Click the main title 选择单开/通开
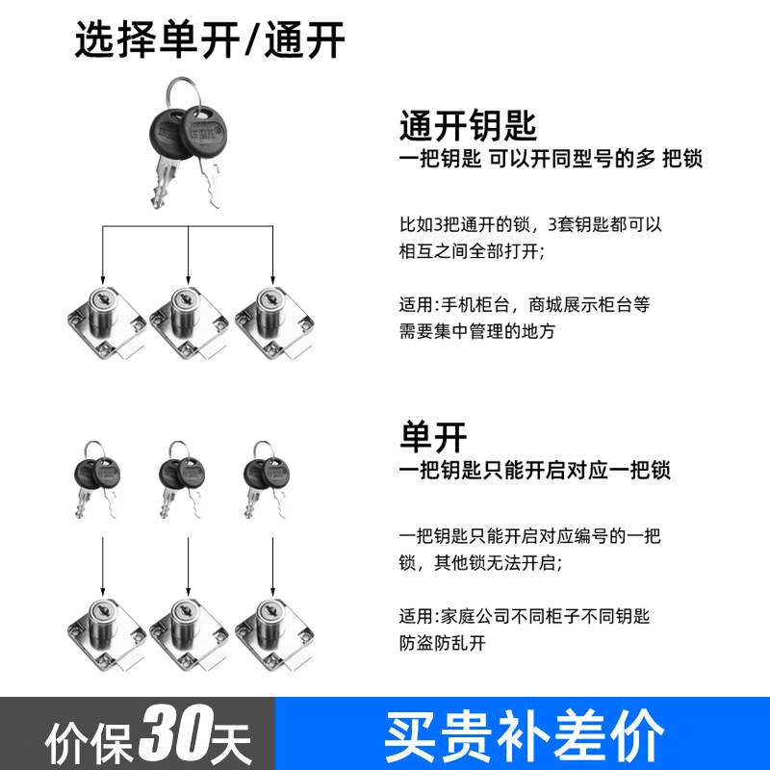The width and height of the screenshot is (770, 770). (x=210, y=41)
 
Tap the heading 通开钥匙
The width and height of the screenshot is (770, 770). (x=468, y=125)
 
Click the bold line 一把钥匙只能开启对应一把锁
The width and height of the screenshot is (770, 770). (x=535, y=472)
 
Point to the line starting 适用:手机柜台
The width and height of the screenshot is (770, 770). (x=525, y=305)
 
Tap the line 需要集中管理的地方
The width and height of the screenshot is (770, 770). (x=477, y=331)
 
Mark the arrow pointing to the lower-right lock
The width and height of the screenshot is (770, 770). (x=273, y=568)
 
